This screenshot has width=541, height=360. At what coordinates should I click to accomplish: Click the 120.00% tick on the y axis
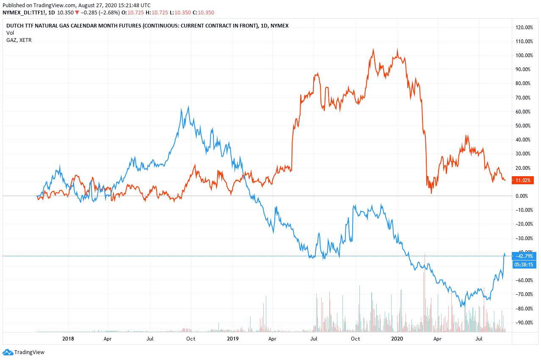(524, 28)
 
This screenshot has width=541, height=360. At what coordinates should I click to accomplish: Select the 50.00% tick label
(524, 126)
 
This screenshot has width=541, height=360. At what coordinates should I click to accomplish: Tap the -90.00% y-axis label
(524, 323)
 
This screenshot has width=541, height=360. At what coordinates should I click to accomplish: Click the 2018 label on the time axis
(68, 339)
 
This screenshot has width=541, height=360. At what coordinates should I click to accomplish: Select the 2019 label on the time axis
(233, 339)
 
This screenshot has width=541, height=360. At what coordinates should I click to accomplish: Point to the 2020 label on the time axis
(397, 339)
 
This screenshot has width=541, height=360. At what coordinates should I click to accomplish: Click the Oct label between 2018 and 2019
(191, 339)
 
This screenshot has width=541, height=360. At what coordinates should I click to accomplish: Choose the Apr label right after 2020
(437, 339)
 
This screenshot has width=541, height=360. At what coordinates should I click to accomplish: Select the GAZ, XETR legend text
(19, 40)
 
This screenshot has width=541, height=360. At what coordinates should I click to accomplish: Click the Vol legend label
(10, 33)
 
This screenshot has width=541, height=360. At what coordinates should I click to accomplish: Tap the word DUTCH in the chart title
(15, 26)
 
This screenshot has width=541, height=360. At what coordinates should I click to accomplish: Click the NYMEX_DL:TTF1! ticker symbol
(23, 13)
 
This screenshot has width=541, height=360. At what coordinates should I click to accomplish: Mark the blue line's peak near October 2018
(188, 107)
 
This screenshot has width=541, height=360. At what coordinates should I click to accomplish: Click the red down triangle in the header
(77, 13)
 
